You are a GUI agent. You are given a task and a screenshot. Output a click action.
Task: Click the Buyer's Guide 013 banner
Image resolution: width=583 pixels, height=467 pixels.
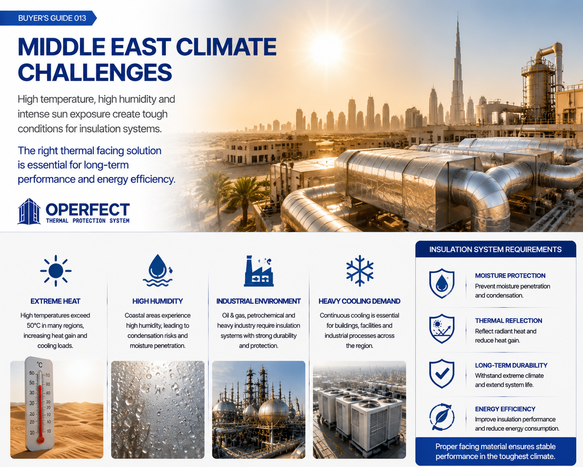(x=48, y=18)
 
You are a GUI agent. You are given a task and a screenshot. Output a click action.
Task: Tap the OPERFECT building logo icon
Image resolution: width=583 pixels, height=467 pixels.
(x=29, y=211)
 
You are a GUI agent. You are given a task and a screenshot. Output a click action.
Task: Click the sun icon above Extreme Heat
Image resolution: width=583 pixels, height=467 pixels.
(x=56, y=271)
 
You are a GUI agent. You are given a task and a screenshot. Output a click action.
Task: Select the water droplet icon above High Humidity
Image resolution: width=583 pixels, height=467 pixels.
(x=158, y=271)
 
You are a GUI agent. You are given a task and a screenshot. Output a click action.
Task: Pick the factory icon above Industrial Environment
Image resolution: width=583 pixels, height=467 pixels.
(x=259, y=271)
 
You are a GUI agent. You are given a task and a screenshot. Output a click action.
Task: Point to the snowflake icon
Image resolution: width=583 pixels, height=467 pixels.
(x=360, y=271)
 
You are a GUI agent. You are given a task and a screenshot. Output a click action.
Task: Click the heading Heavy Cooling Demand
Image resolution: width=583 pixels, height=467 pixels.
(x=360, y=301)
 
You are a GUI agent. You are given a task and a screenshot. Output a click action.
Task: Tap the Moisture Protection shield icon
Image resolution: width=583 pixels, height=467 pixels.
(x=442, y=283)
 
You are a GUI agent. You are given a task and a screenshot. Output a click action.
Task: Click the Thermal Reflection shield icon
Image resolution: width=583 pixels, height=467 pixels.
(x=442, y=329)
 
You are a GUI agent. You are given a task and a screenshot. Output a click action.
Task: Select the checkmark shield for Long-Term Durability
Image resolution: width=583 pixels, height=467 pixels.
(x=442, y=373)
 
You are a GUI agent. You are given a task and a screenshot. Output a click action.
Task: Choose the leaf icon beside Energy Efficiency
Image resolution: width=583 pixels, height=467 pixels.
(x=442, y=417)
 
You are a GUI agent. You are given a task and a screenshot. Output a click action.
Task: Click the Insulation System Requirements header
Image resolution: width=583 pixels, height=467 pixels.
(x=496, y=249)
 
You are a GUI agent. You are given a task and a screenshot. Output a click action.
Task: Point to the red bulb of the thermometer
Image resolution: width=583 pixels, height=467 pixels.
(x=41, y=440)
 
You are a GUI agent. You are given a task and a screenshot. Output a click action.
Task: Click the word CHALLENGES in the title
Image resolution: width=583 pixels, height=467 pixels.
(x=95, y=72)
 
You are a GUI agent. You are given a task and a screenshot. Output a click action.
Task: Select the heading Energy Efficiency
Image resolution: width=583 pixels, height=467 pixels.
(x=505, y=409)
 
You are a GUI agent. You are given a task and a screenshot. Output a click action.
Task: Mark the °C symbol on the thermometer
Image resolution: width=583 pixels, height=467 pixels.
(x=40, y=365)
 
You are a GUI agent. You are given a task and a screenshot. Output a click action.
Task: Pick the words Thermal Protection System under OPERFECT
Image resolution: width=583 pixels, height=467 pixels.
(x=87, y=221)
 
